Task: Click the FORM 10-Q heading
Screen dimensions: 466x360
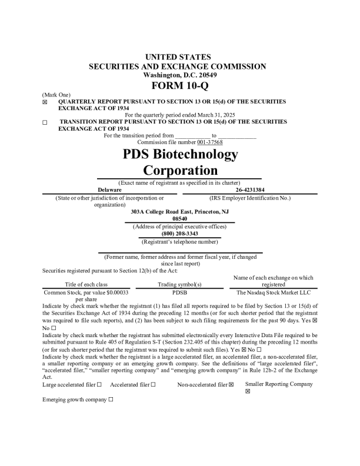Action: (180, 86)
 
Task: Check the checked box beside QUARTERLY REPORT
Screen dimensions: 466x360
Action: (45, 102)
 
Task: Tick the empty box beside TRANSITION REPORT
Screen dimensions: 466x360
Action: (45, 122)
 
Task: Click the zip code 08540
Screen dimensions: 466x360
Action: (179, 219)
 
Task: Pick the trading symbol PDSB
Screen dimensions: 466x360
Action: (179, 292)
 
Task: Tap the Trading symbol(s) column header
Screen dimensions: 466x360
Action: (179, 284)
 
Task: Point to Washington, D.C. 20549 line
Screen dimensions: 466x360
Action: (180, 75)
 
